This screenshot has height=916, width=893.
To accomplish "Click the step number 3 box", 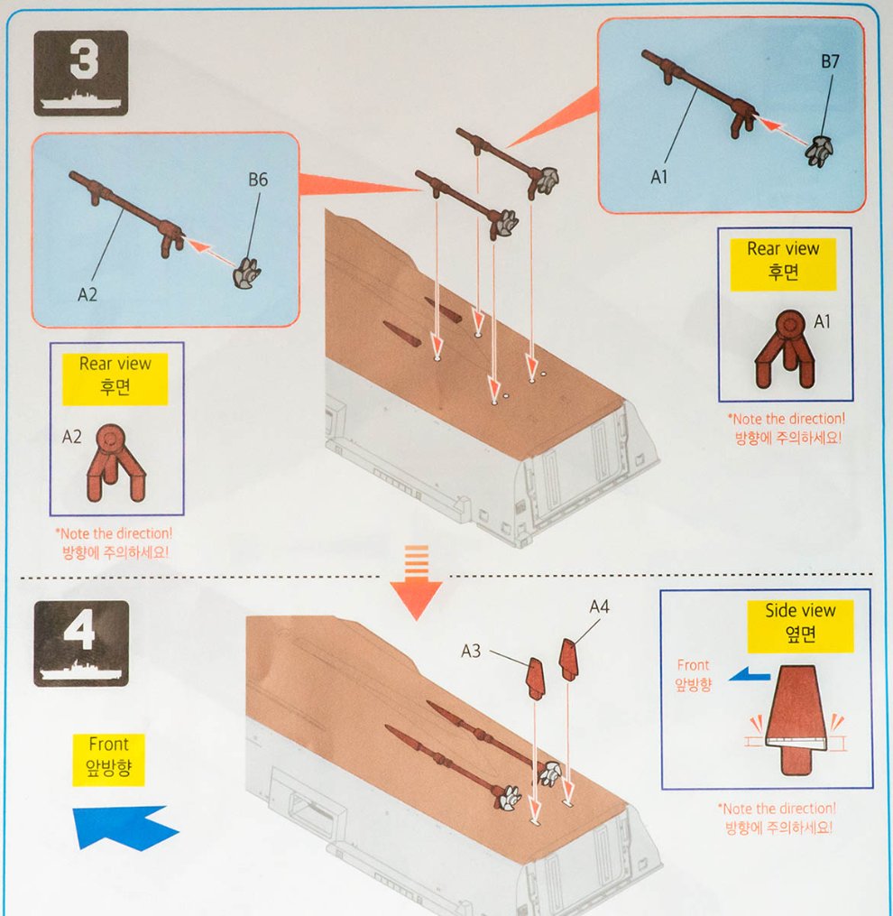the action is coord(80,73).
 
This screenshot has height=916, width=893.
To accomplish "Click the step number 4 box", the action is coord(81,643).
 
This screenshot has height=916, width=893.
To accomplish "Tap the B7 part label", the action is coord(830,61).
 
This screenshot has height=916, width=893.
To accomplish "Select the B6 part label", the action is coord(258,180).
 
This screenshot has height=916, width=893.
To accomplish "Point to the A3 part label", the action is coord(470,651).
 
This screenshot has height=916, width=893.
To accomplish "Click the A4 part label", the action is coord(599,607).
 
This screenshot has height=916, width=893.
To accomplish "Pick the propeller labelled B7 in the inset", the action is coord(819,152).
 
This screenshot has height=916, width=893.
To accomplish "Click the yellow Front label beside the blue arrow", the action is coord(108,760).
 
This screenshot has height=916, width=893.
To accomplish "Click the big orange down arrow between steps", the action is coord(416,584).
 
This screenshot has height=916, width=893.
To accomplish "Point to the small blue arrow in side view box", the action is coord(750,675).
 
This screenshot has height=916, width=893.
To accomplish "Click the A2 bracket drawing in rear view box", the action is coord(116,463).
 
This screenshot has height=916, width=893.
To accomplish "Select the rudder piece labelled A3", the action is coord(536,679).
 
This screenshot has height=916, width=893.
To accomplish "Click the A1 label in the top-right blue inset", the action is coord(658,176).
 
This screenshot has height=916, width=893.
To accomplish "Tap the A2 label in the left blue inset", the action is coord(87,294).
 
